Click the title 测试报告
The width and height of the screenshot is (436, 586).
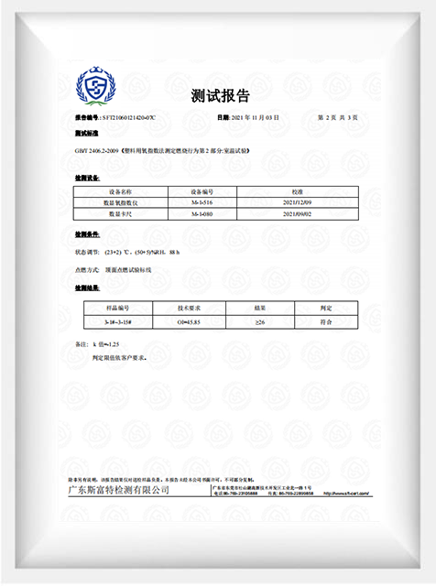pos(220,95)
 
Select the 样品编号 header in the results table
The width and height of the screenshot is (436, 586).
pos(116,309)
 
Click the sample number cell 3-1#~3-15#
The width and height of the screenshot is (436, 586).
pos(116,322)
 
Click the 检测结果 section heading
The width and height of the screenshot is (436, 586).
pos(87,288)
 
